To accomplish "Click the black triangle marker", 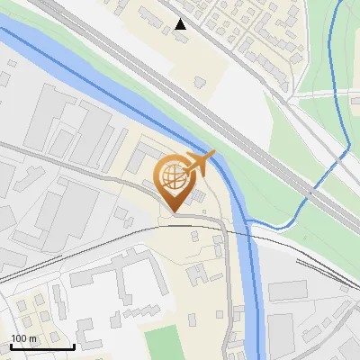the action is [x=181, y=24].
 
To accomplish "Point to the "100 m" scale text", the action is [x=24, y=338].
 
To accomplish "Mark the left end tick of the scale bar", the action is [x=11, y=345].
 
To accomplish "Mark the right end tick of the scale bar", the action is [x=74, y=345].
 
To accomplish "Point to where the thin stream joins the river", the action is [x=247, y=222].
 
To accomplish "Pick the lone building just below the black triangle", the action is [x=199, y=82].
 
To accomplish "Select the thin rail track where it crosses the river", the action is [x=248, y=232].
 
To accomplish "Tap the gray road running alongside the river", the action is [x=224, y=270].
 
